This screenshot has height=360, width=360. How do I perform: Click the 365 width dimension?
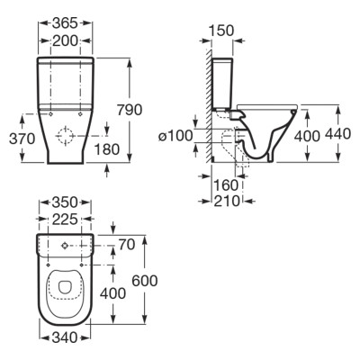point(65,22)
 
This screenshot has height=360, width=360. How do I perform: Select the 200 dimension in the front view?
point(65,40)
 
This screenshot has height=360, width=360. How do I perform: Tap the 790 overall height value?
point(130,110)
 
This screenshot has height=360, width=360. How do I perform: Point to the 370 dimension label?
point(22,139)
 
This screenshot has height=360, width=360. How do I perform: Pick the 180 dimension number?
point(107,149)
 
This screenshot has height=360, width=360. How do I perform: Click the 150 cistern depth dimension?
point(220,31)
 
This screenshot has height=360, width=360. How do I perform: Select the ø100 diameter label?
point(175,136)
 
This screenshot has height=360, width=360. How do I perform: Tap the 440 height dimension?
point(337,133)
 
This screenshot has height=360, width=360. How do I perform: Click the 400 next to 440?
point(307,136)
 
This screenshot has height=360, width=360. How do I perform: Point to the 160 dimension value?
point(226,185)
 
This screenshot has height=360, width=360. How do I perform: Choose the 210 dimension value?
point(227,201)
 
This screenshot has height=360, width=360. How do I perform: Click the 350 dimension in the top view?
point(65,202)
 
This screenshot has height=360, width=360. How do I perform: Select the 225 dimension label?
point(65,220)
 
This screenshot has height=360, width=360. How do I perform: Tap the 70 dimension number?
point(127,245)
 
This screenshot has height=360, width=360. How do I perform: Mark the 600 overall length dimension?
point(145,281)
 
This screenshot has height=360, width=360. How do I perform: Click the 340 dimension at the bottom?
point(65,338)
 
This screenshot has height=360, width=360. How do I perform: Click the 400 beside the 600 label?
point(112,293)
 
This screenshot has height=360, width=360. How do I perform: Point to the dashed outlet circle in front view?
point(65,136)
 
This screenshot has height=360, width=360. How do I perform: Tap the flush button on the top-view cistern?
point(64,246)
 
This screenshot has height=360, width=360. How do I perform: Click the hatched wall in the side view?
point(208,105)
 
